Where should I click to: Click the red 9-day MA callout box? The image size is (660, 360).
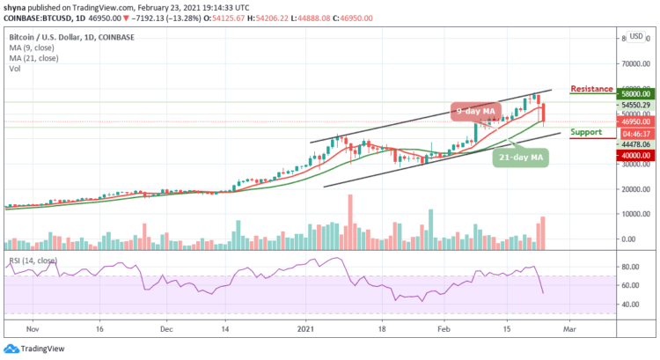point(477,111)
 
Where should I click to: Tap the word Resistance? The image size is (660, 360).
point(590,89)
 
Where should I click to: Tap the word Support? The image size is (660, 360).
point(586,132)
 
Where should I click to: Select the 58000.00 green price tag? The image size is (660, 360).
point(634,93)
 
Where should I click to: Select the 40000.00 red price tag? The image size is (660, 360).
point(634,155)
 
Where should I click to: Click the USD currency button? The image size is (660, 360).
point(635,37)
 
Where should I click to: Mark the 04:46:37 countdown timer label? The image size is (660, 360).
point(634,135)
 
